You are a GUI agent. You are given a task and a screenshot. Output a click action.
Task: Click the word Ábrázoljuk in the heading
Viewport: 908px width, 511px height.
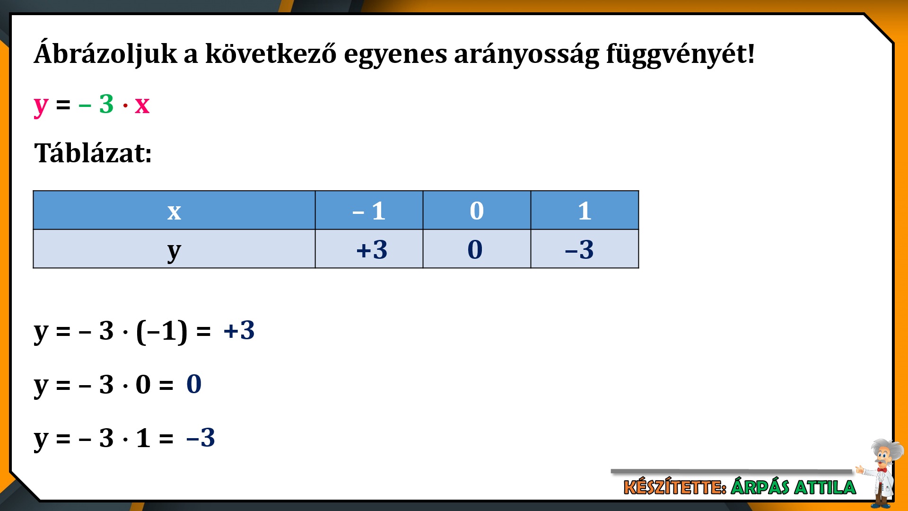105,53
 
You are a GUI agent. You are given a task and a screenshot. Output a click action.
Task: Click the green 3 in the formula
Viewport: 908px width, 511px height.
106,104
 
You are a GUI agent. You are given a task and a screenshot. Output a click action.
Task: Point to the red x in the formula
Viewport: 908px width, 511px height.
142,106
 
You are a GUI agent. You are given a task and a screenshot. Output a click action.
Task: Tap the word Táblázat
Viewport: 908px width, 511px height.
93,153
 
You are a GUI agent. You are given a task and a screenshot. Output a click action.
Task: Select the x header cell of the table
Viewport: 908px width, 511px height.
174,211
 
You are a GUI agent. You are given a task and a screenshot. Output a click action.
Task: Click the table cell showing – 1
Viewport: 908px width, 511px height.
369,211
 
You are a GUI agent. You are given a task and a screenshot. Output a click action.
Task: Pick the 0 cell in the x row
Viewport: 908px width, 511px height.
477,211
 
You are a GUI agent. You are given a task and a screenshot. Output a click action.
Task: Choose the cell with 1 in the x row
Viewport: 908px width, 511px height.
585,211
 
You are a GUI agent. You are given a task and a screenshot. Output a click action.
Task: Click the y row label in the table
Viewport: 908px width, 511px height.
174,249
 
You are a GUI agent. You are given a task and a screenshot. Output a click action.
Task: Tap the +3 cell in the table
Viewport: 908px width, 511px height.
369,249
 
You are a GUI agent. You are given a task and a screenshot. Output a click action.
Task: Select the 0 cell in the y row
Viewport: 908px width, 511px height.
477,249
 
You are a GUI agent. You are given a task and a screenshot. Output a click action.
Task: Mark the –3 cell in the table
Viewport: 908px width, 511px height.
585,249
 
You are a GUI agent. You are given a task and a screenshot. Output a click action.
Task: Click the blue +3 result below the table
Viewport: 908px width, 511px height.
239,330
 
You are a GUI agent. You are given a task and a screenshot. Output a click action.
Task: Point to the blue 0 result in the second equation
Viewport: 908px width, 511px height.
194,384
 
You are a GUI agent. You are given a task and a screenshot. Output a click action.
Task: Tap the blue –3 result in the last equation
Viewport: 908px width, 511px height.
201,438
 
